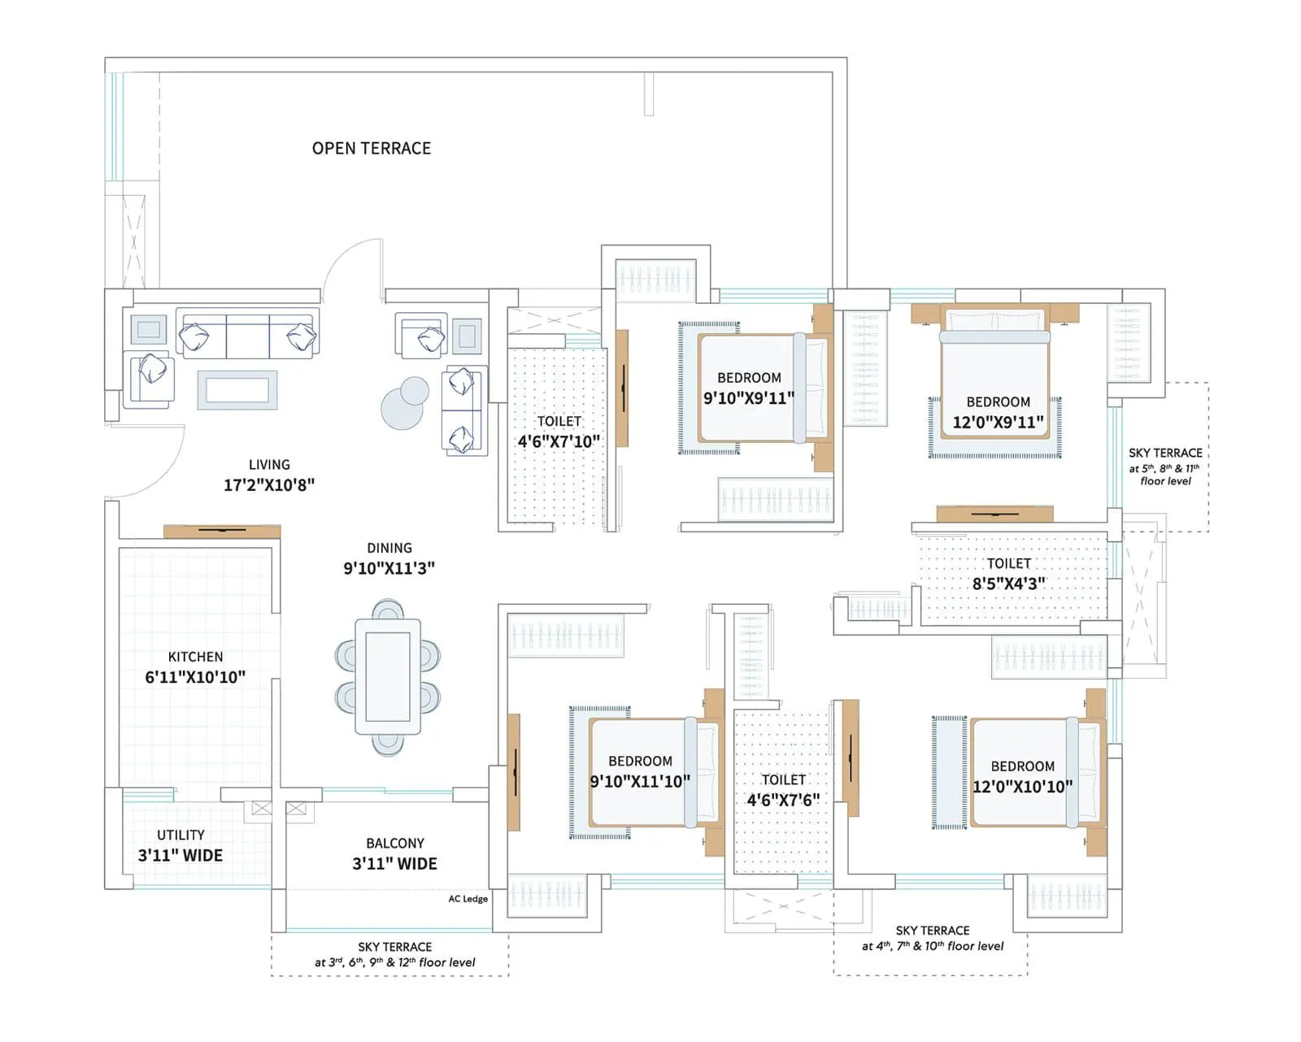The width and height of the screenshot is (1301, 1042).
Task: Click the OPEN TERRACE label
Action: tap(372, 149)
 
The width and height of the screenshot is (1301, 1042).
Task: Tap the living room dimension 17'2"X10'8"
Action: tap(269, 484)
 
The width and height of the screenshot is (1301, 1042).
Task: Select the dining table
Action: tap(388, 676)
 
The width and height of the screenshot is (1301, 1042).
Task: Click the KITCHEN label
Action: tap(195, 657)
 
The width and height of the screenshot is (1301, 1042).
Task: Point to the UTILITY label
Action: tap(181, 835)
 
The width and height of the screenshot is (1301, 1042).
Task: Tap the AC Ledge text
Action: tap(468, 899)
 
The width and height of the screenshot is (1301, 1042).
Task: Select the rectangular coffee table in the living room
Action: tap(237, 390)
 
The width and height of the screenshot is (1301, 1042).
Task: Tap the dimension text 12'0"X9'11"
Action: tap(999, 422)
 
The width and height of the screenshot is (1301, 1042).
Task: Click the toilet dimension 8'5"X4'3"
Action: tap(1009, 584)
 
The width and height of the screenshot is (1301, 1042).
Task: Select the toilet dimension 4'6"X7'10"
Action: tap(559, 442)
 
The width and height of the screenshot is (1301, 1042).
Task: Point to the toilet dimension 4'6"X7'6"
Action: tap(783, 801)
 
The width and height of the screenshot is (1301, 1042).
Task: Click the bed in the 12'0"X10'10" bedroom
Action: tap(1038, 772)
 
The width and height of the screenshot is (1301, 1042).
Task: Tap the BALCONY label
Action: tap(395, 843)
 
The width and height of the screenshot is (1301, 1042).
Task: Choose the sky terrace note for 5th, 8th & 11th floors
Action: tap(1165, 467)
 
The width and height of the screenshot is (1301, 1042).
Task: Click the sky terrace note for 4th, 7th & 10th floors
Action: tap(932, 938)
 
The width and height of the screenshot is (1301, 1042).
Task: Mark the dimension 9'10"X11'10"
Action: tap(640, 782)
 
